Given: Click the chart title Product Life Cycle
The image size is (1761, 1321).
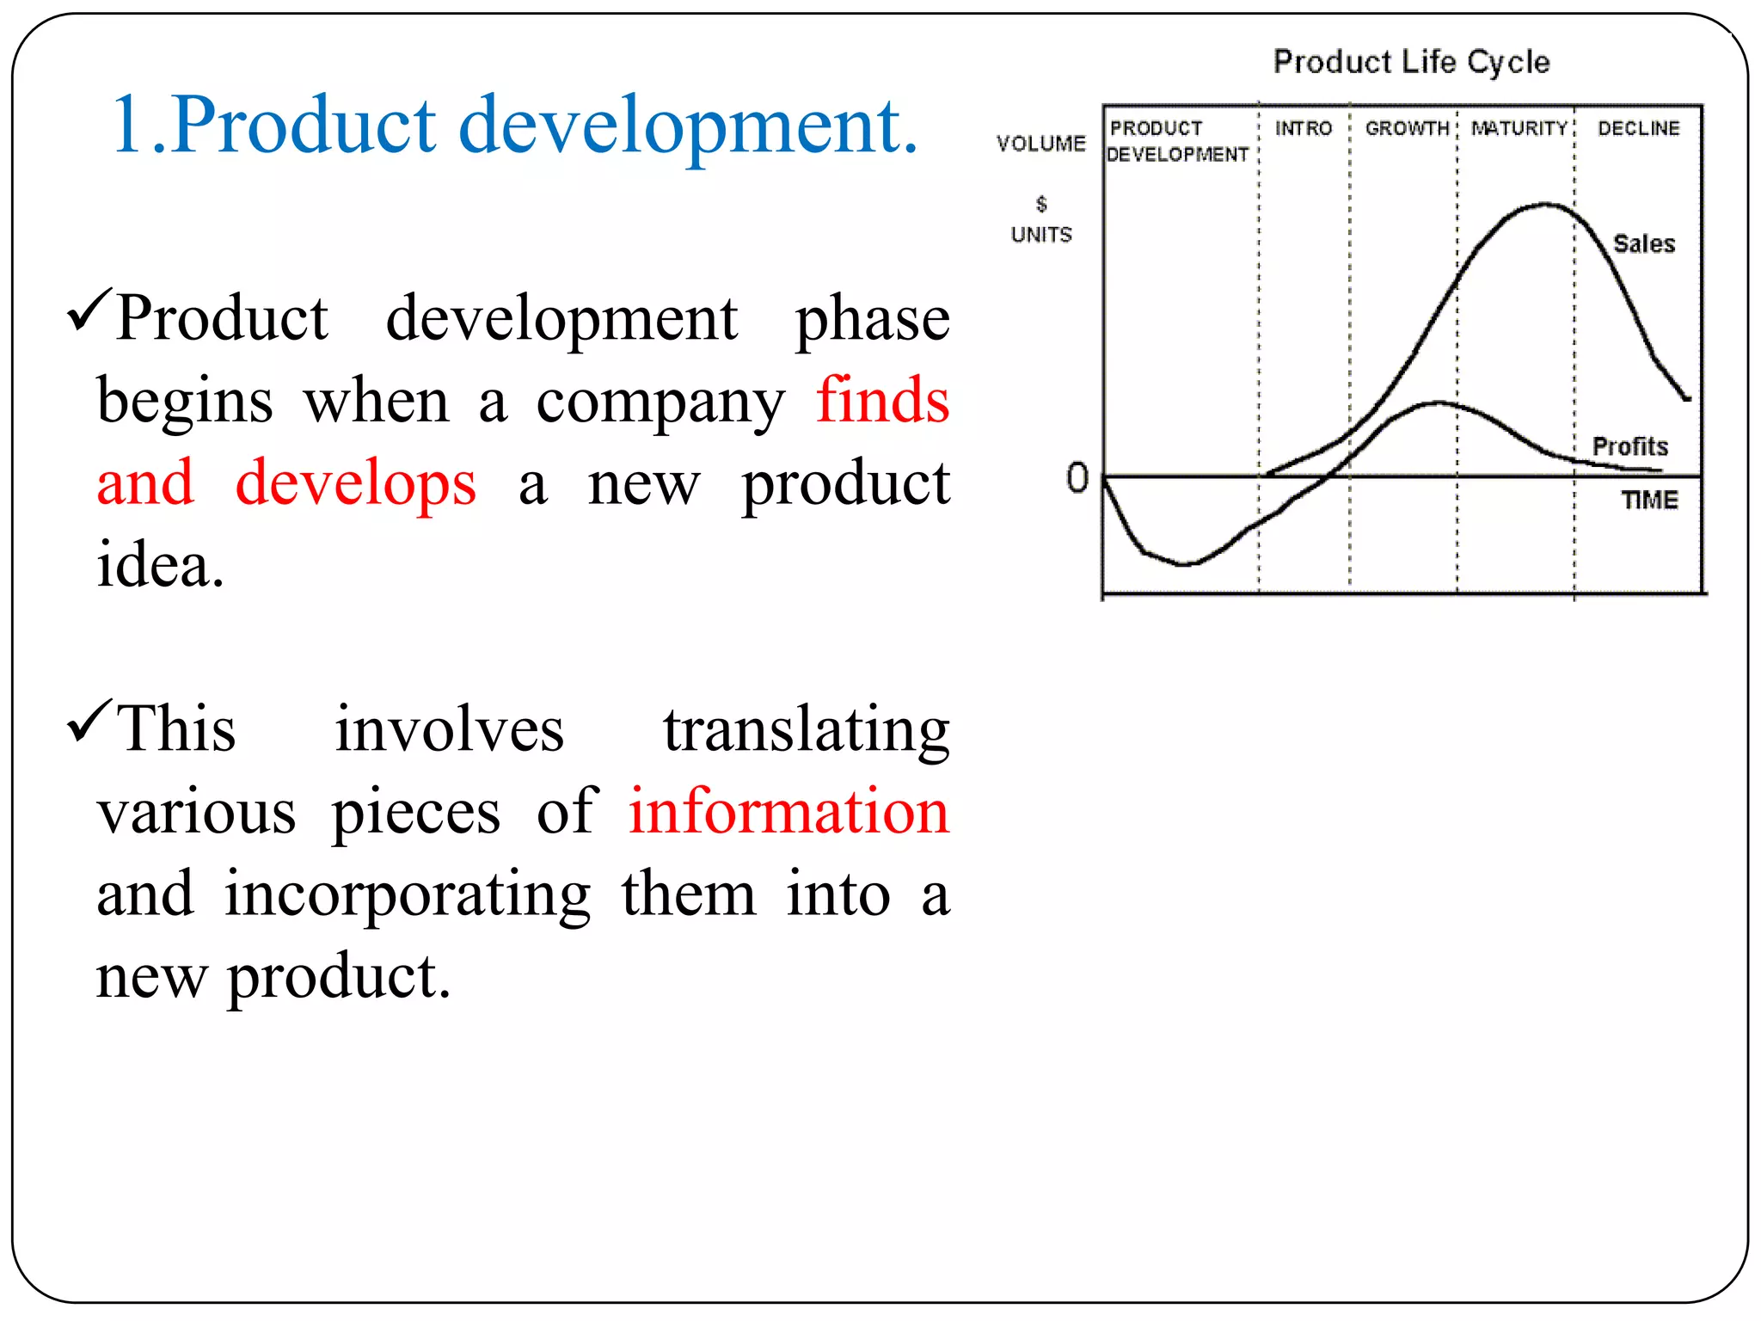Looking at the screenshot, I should coord(1411,62).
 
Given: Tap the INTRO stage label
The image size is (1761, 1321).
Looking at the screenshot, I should coord(1303,129).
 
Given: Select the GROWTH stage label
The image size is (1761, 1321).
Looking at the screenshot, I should coord(1407,129).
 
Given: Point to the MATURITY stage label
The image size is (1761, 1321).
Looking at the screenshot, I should coord(1519,129).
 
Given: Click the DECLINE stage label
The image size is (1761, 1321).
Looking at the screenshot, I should coord(1638,129).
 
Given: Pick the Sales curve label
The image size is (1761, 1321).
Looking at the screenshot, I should coord(1643,244).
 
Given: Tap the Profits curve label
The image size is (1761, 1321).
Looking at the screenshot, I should coord(1629,446).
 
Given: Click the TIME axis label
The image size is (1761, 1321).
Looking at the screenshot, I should coord(1648,501).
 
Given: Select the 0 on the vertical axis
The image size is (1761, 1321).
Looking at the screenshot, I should coord(1077,478).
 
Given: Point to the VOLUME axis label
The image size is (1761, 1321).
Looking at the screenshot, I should coord(1040,144).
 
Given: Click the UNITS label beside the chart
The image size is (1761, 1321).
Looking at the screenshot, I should coord(1041,235).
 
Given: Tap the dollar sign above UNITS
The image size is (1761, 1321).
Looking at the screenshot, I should coord(1041,204).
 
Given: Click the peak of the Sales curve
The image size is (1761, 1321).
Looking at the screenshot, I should coord(1545,205).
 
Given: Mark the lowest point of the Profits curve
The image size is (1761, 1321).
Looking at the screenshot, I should coord(1185,564).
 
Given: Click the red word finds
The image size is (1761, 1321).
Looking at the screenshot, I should coord(882,401).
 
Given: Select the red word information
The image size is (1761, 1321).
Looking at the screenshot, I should coord(788,812).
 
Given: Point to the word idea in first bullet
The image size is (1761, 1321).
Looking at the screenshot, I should coord(159,566).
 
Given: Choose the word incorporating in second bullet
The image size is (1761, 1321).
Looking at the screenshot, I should coord(408,894).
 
